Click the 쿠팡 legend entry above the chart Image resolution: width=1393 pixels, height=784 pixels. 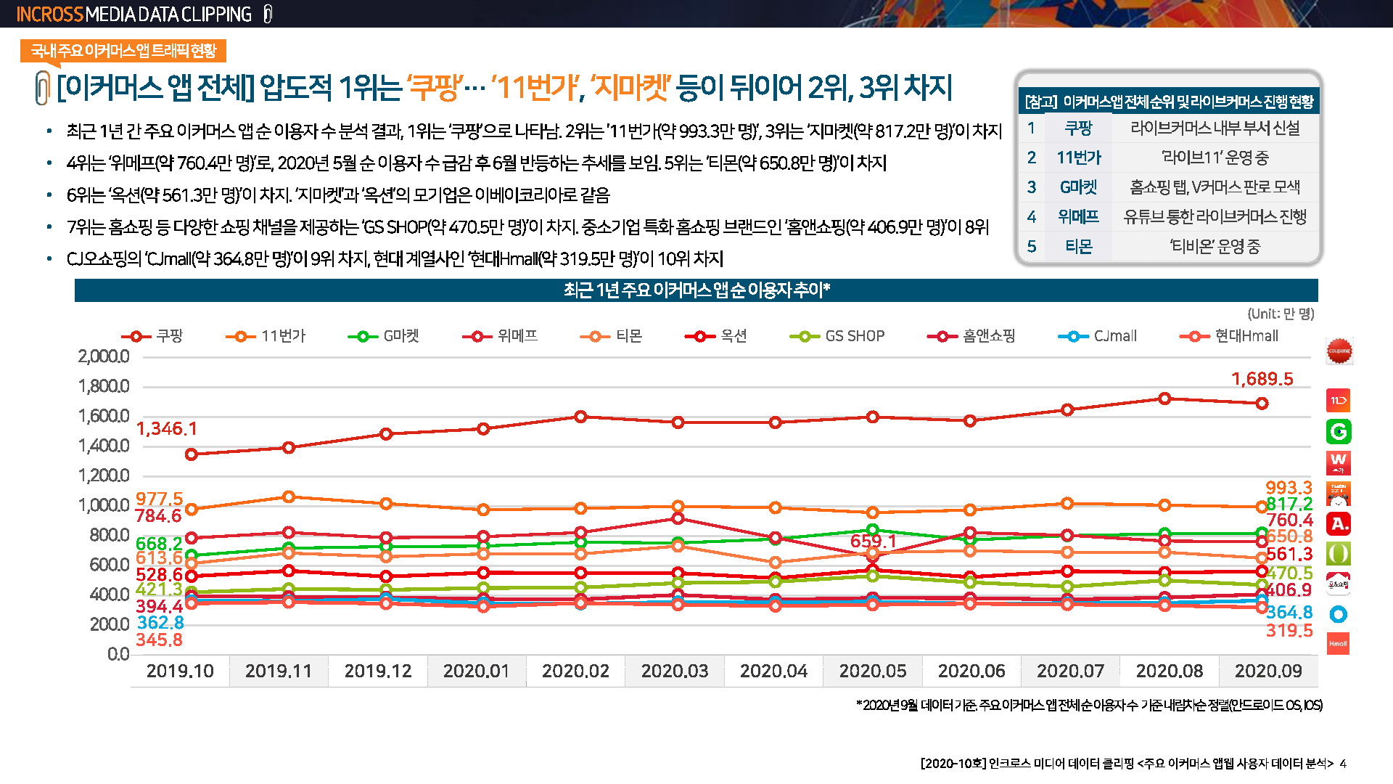click(153, 336)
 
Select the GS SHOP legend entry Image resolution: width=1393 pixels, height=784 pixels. click(838, 336)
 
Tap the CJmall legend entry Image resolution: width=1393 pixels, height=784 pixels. click(1098, 336)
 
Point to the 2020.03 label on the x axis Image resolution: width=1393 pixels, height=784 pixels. click(675, 671)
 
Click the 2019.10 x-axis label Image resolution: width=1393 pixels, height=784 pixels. click(180, 671)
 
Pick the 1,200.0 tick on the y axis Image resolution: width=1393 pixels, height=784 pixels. click(104, 475)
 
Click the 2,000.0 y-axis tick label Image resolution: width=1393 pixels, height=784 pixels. click(104, 356)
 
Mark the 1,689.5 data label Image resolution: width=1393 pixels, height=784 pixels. click(1262, 379)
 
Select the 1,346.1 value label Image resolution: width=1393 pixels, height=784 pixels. click(166, 429)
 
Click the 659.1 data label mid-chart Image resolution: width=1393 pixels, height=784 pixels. click(873, 542)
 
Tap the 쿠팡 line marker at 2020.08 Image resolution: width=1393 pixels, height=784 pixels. click(1164, 399)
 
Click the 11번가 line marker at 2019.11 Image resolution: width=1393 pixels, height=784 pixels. click(289, 497)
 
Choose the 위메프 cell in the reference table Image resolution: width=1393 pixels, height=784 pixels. click(1078, 216)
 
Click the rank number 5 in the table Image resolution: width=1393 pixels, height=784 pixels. click(1031, 247)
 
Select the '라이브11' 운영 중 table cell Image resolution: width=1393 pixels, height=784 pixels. click(1215, 158)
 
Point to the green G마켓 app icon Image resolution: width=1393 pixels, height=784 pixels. click(1339, 432)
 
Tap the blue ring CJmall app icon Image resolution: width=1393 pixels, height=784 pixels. click(1339, 614)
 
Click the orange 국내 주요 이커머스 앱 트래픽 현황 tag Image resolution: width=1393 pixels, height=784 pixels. click(123, 51)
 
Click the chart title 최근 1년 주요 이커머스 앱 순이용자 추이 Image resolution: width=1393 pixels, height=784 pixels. click(696, 290)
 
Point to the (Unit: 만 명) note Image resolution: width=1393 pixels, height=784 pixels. click(1281, 314)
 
